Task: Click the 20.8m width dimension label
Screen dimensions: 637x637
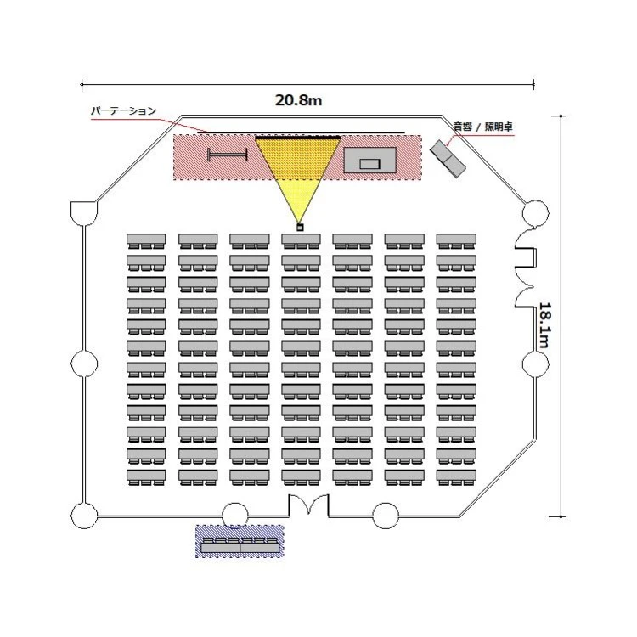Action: pos(299,100)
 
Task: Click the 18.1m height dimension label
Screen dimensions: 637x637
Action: pos(544,325)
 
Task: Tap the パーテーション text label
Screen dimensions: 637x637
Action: pos(123,111)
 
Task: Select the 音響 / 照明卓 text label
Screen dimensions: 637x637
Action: pos(482,127)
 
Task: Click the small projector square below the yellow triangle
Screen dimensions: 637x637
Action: pos(300,228)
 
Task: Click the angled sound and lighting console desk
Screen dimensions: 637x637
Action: pos(448,159)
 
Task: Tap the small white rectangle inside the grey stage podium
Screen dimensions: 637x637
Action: pos(369,164)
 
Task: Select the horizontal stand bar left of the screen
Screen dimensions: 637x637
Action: pos(227,155)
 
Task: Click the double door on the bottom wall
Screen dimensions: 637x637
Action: pos(309,506)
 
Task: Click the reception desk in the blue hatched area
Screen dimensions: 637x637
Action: pos(240,545)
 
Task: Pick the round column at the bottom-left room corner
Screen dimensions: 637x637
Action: pos(84,516)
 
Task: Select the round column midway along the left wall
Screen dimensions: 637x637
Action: pos(84,364)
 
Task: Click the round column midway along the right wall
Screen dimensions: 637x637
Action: pos(535,364)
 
